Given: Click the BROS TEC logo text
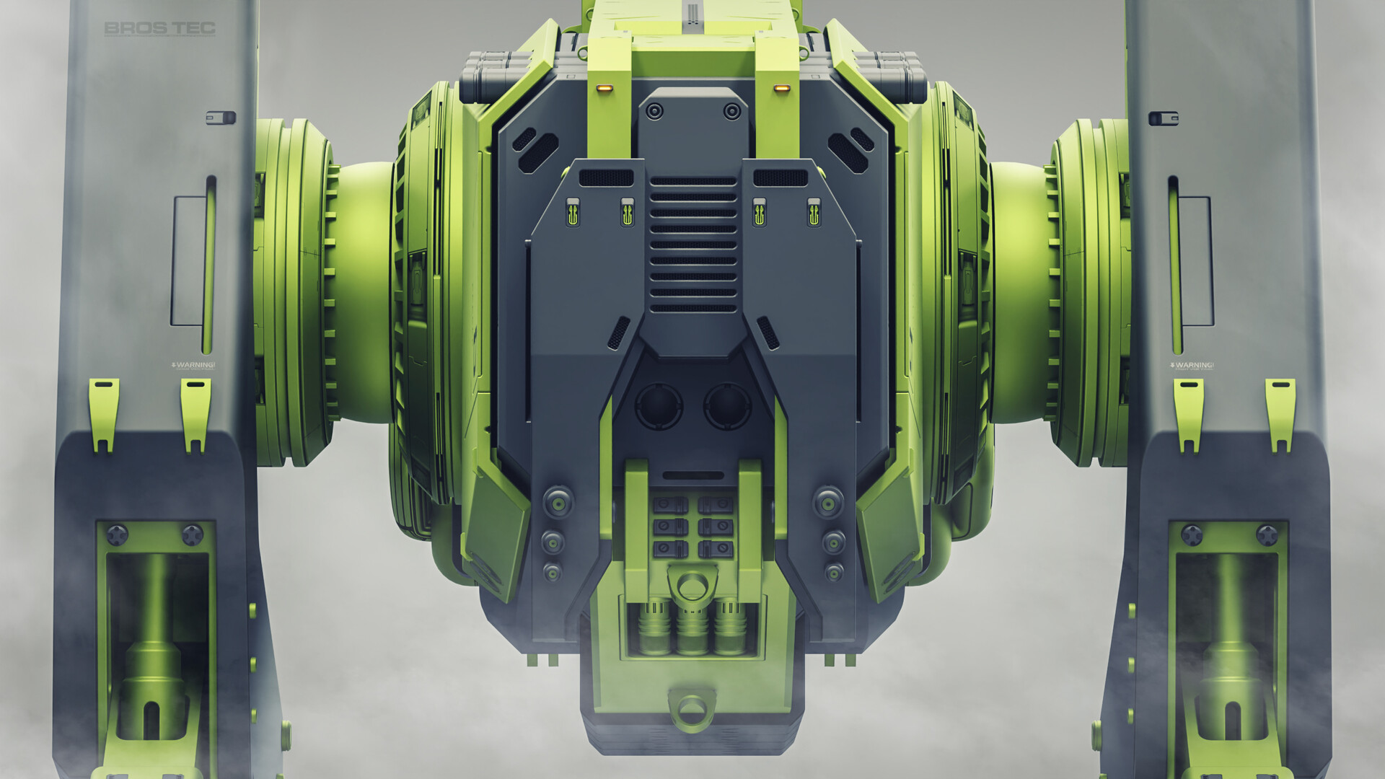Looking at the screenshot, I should pos(159,28).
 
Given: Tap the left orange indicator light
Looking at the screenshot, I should pos(604,88).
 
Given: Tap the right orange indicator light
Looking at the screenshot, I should pos(781,88).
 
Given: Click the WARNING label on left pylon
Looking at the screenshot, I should pos(193,365).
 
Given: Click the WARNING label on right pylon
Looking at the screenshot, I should pos(1192,365).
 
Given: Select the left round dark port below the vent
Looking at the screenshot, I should pos(658,406).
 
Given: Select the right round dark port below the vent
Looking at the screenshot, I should pos(727,406).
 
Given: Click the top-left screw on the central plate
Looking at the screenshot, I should pos(655,111).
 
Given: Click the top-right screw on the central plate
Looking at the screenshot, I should pos(731,111).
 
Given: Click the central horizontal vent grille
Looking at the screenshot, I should pos(693,244).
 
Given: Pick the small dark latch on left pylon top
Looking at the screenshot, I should pos(221,117).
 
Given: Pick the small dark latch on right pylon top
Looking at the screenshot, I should pos(1163,118).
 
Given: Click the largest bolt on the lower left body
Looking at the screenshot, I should pos(558,502).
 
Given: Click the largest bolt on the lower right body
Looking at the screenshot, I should pos(828,502).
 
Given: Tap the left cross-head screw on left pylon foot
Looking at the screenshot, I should pos(118,535).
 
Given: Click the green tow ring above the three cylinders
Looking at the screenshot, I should pos(691,584).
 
